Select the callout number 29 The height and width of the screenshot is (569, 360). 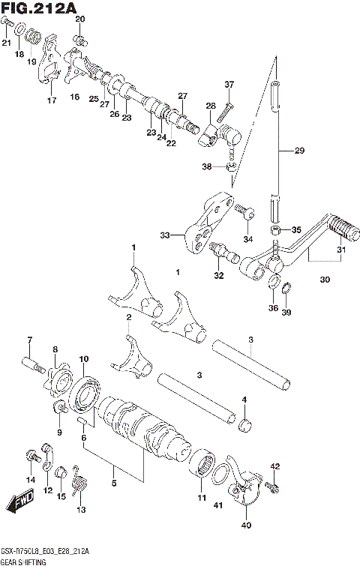pos(299,151)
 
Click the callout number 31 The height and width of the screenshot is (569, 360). pos(341,250)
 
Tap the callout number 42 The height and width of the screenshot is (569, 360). pos(274,467)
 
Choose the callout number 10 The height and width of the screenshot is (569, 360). pos(84,359)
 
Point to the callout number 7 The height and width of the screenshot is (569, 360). pos(29,341)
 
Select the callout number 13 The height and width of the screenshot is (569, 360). pos(81,510)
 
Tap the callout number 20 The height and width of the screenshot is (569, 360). pos(80,19)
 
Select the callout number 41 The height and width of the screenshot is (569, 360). pos(218,507)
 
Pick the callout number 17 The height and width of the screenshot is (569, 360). pos(52,100)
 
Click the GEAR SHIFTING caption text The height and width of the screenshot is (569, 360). pos(24,561)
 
